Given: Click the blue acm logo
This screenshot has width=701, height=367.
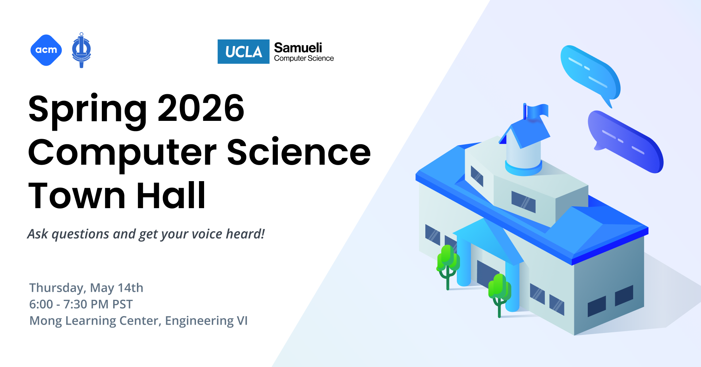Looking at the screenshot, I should point(46,50).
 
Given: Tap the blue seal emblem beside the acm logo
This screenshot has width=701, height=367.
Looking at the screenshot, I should point(81,50).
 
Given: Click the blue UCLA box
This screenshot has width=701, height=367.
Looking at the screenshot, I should point(243,51).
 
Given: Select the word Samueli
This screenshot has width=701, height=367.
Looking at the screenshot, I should point(298,47).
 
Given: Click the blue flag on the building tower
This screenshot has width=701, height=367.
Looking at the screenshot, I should point(537,111).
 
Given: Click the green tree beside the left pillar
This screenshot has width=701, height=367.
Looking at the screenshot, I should point(448,263).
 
